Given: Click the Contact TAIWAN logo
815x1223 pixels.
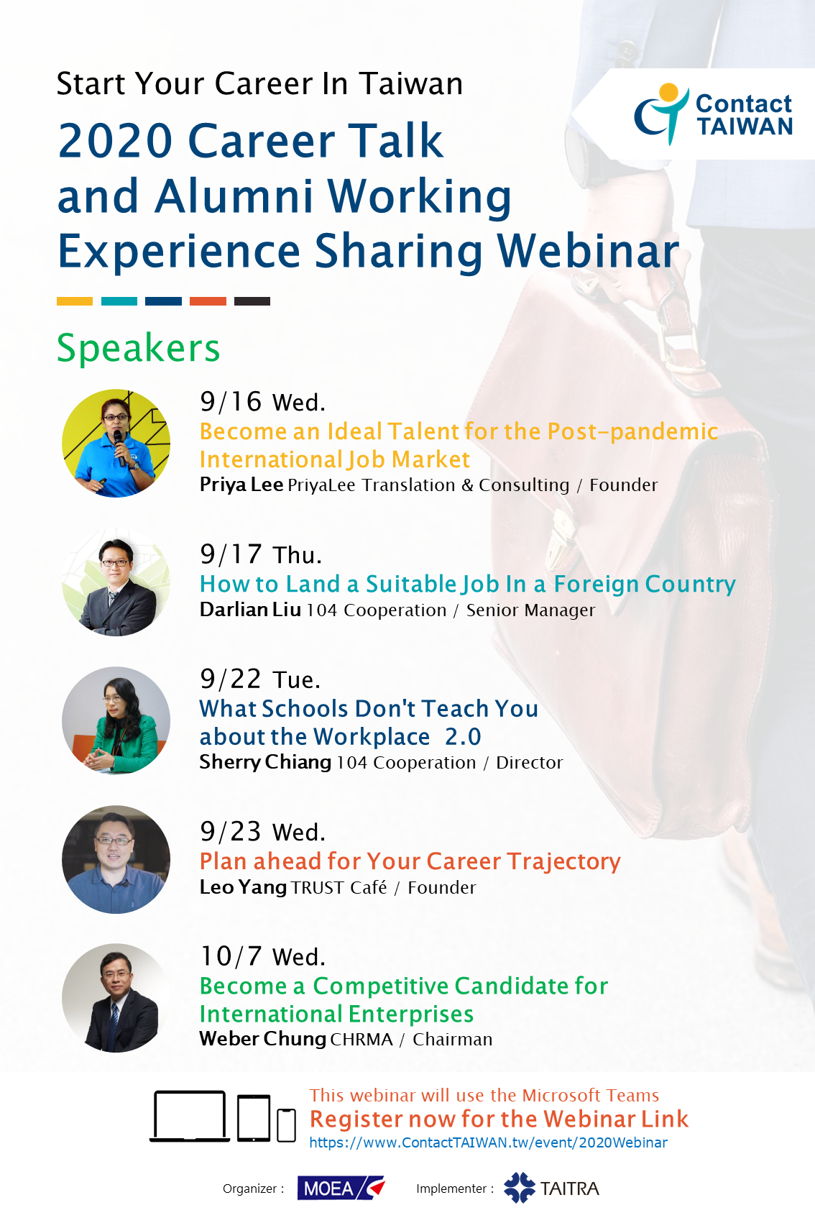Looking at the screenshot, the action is pos(713,114).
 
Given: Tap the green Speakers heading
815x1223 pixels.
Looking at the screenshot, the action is pos(138,348).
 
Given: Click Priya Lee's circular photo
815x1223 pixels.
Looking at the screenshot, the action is pos(116,443).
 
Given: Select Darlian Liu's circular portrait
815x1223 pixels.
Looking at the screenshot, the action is pos(116,582).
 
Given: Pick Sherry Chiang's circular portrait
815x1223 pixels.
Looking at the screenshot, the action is pos(116,720).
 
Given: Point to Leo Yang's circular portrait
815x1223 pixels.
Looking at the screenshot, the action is pos(116,859).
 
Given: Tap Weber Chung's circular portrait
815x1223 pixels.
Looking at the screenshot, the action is pos(116,998).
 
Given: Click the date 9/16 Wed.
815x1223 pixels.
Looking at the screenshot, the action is pos(262,402).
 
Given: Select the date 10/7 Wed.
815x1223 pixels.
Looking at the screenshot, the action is pos(262,956).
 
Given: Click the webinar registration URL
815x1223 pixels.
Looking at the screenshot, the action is pos(488,1142).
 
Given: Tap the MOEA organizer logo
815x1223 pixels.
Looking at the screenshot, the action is pos(341,1188).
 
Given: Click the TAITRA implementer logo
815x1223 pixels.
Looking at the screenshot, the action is pos(551,1188).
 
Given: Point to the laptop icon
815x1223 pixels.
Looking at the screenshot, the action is pos(190,1117).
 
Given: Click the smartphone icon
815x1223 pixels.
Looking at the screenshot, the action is pos(286,1125).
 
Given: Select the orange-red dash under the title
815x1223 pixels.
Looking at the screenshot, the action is pos(208,301).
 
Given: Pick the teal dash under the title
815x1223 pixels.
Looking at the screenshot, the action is pos(119,301).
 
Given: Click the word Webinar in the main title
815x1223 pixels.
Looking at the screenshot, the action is pos(587,251).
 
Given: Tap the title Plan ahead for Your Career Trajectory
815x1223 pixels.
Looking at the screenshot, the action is pos(410,861).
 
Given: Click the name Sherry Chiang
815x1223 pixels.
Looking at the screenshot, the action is pos(265,762).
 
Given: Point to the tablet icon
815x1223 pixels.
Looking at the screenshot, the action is pos(254,1118).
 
